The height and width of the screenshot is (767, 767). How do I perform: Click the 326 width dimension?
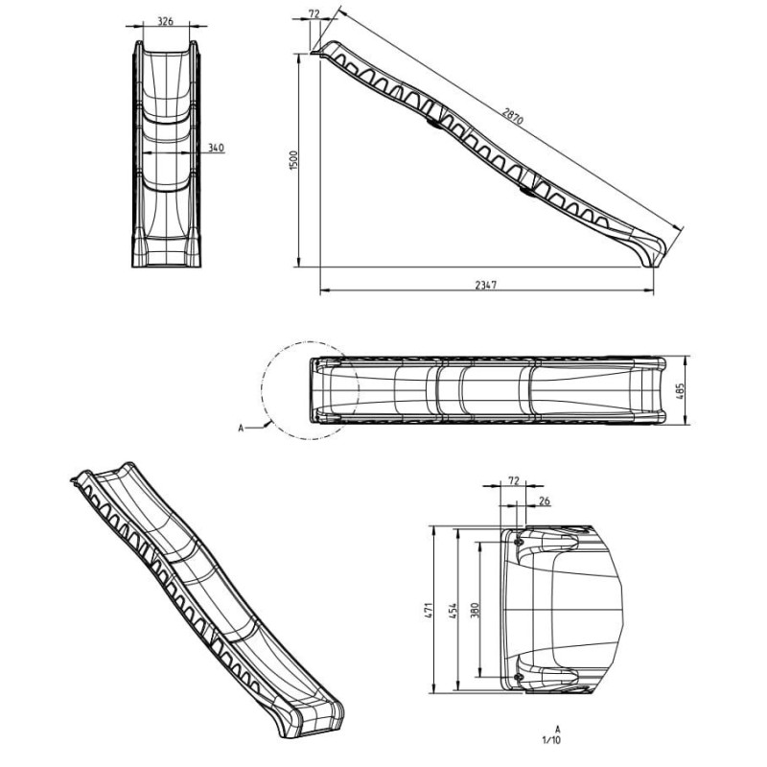(166, 20)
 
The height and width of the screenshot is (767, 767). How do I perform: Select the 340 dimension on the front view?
(215, 148)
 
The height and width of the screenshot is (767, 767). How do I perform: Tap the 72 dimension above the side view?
(314, 15)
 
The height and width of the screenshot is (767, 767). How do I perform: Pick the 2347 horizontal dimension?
(486, 286)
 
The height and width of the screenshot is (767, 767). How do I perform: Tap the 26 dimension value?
(544, 500)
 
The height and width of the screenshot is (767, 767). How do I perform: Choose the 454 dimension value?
(454, 609)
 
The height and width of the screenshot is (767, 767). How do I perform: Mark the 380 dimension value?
(476, 609)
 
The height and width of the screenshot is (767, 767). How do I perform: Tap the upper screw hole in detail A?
(519, 543)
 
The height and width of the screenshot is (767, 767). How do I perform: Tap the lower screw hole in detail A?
(519, 677)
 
